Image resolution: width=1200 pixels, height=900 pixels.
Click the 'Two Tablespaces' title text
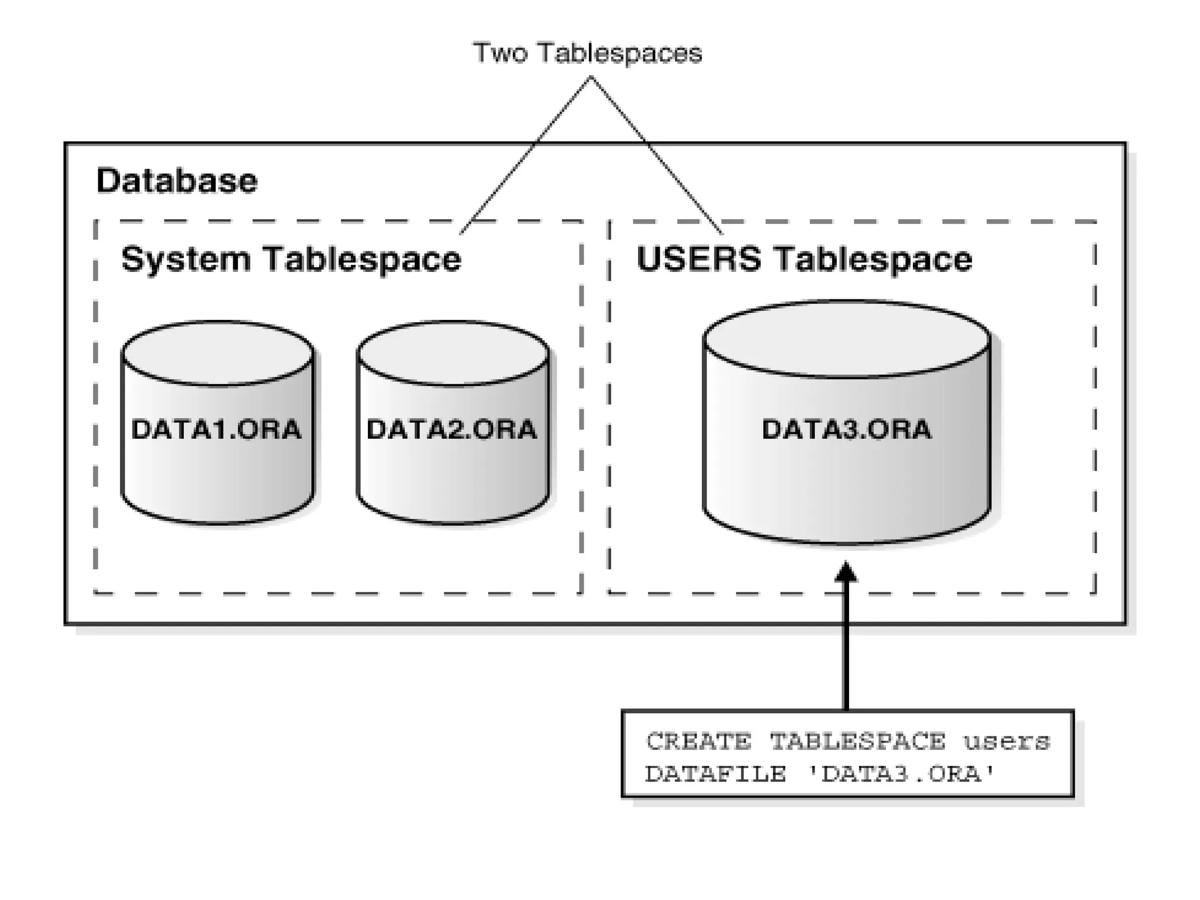pyautogui.click(x=587, y=53)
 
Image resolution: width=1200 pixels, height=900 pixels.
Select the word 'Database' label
pyautogui.click(x=176, y=180)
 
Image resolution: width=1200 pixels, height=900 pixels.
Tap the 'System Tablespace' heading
pyautogui.click(x=291, y=259)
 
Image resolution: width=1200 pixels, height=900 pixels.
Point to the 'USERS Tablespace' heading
pyautogui.click(x=804, y=259)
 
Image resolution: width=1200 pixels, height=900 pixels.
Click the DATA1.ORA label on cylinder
pyautogui.click(x=216, y=429)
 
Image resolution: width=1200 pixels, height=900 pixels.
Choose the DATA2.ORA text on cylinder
pyautogui.click(x=451, y=429)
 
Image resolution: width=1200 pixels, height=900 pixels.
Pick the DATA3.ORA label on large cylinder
pyautogui.click(x=846, y=429)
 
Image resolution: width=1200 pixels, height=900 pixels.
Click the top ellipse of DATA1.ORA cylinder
pyautogui.click(x=217, y=353)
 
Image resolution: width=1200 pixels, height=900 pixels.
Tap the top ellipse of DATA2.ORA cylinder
pyautogui.click(x=453, y=353)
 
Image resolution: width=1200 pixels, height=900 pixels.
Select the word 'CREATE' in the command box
pyautogui.click(x=698, y=742)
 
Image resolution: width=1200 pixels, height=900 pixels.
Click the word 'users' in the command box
pyautogui.click(x=1007, y=742)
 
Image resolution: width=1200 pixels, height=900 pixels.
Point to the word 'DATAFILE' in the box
pyautogui.click(x=715, y=774)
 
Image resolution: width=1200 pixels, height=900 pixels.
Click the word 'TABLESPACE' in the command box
pyautogui.click(x=857, y=742)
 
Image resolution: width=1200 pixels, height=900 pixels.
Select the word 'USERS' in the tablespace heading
pyautogui.click(x=698, y=259)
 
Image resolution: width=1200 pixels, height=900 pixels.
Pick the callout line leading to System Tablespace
pyautogui.click(x=524, y=155)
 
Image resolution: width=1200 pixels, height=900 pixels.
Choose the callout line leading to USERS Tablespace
pyautogui.click(x=656, y=155)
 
